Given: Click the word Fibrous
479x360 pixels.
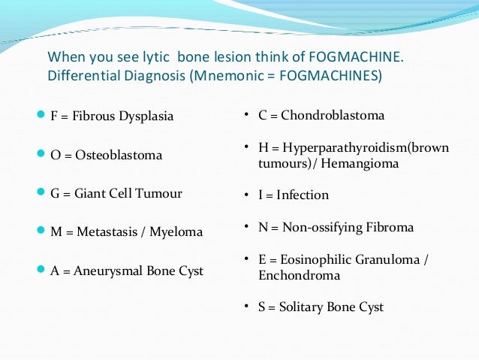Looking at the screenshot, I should click(x=95, y=116).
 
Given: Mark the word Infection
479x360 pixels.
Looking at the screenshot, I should click(x=303, y=195).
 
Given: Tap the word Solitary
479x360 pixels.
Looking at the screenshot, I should click(x=301, y=307).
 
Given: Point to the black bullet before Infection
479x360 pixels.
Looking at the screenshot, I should click(x=249, y=195).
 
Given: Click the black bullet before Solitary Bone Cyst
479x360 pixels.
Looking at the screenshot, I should click(x=249, y=307).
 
